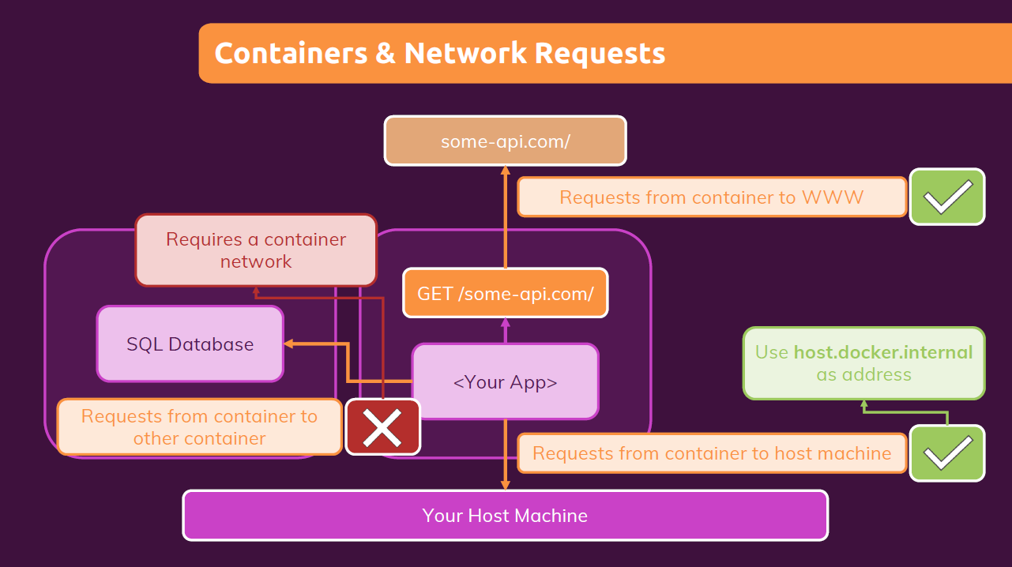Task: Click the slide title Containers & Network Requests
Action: tap(439, 53)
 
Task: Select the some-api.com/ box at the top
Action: tap(505, 141)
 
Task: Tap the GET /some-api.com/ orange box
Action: tap(505, 294)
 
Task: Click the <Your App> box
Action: tap(505, 382)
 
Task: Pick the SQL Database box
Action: tap(190, 344)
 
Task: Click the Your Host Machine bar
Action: tap(505, 516)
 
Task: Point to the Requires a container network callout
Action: tap(256, 250)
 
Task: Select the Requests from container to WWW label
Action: tap(711, 197)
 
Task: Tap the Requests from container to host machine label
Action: tap(711, 453)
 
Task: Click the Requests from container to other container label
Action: tap(199, 427)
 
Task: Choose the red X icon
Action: tap(383, 427)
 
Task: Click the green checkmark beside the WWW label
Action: tap(947, 197)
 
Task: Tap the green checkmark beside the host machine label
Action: tap(947, 453)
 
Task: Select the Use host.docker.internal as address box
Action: tap(863, 363)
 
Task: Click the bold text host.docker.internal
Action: tap(883, 352)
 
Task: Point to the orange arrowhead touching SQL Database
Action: tap(288, 344)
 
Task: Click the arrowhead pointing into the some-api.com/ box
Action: tap(506, 170)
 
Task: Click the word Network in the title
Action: tap(465, 53)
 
